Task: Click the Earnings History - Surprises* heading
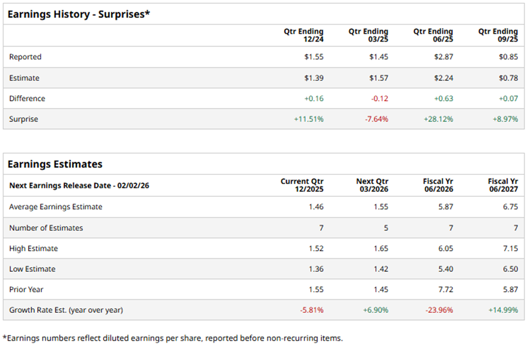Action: pos(79,14)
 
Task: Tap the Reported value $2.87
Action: pos(443,57)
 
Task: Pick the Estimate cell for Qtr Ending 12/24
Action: pos(313,78)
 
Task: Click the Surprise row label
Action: pos(24,119)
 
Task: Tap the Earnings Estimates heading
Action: pos(55,164)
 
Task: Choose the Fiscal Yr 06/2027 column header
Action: pos(503,186)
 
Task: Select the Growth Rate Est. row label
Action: pos(66,310)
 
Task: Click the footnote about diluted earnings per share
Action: pos(173,338)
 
